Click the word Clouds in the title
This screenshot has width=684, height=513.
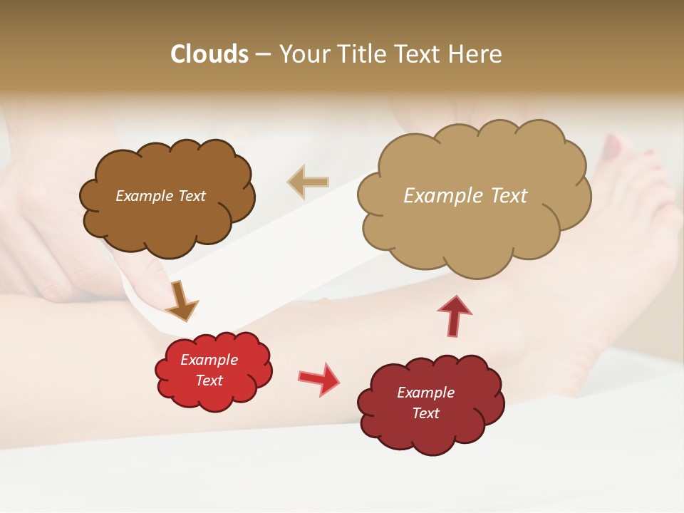[x=209, y=54]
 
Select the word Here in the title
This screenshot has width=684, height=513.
[x=475, y=54]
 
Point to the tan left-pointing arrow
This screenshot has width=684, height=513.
[x=309, y=182]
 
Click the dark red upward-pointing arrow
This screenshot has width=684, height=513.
[x=454, y=315]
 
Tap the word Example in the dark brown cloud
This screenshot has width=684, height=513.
[x=144, y=196]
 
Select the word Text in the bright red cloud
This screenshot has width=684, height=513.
[x=209, y=380]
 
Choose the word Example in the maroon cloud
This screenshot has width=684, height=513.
[x=425, y=393]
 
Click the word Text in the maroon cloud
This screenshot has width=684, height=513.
[x=426, y=413]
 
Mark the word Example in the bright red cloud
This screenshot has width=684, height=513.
[x=209, y=360]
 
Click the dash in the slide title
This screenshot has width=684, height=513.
[x=263, y=54]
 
